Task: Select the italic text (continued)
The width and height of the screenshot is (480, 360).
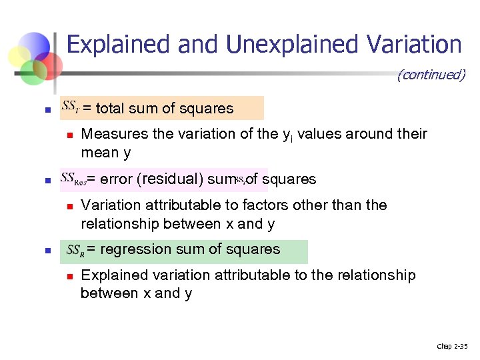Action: pos(431,75)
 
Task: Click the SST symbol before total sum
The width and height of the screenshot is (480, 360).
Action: pos(70,107)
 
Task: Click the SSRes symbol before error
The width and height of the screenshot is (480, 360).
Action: pos(73,179)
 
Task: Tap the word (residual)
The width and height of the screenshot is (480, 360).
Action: pos(169,179)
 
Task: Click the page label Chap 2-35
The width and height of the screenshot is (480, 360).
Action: pos(452,346)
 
